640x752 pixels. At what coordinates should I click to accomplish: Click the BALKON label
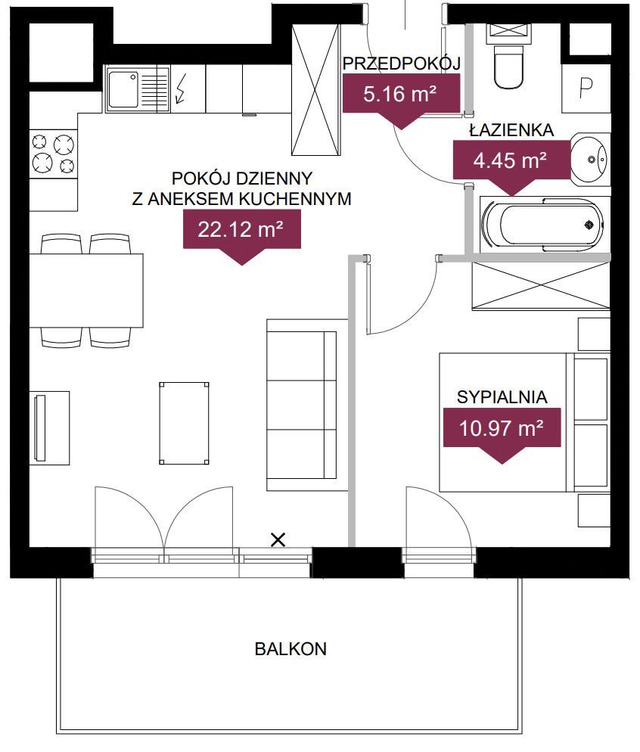point(290,649)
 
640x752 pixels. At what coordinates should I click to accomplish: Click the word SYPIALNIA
point(502,397)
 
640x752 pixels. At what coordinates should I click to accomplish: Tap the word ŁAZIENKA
point(511,129)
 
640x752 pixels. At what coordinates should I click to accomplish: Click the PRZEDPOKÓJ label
point(402,63)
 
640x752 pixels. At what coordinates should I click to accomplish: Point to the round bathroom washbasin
point(590,159)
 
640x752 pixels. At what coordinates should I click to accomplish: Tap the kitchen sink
point(138,89)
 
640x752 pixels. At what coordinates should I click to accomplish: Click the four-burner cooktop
point(54,154)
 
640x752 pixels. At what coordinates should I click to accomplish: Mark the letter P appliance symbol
point(586,88)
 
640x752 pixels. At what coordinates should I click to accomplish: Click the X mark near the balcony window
point(278,540)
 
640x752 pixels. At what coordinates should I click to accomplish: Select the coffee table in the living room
point(184,423)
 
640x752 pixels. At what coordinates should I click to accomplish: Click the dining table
point(86,291)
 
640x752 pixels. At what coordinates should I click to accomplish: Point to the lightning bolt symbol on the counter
point(182,89)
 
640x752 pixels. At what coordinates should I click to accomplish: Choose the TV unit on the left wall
point(50,427)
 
